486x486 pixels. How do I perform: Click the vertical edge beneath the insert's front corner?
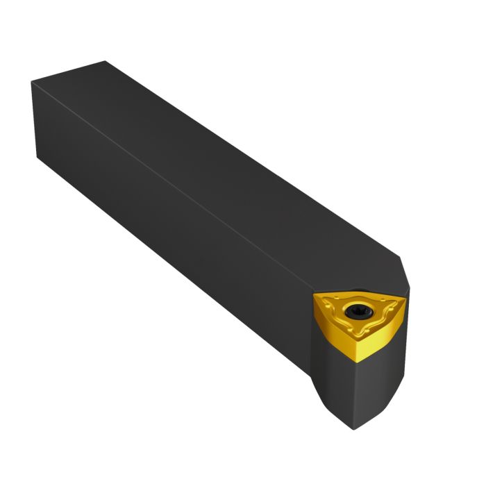click(355, 389)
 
